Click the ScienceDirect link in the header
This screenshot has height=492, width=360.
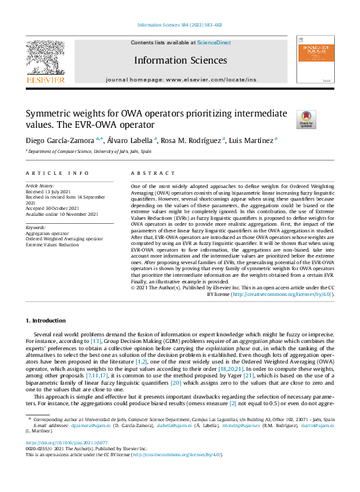(214, 42)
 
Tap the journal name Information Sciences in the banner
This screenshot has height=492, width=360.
(180, 60)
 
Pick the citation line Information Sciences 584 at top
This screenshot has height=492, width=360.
(179, 25)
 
